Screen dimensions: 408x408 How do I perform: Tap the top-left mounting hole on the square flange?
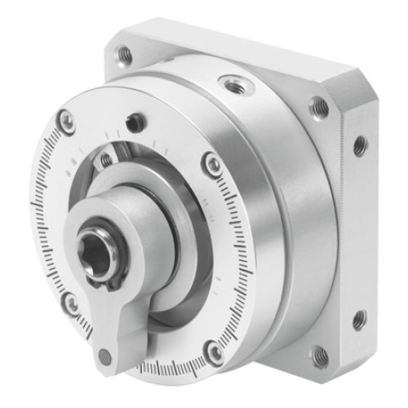[x=125, y=55]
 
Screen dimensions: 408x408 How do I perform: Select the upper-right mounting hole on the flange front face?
[x=319, y=107]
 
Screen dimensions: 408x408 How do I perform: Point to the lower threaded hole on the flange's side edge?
[x=359, y=319]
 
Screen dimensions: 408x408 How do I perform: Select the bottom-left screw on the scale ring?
[x=72, y=304]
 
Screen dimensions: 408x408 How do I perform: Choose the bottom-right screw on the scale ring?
[x=215, y=353]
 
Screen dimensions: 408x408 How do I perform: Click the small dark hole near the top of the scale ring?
[x=135, y=122]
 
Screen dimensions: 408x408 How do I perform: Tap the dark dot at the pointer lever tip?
[x=105, y=357]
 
